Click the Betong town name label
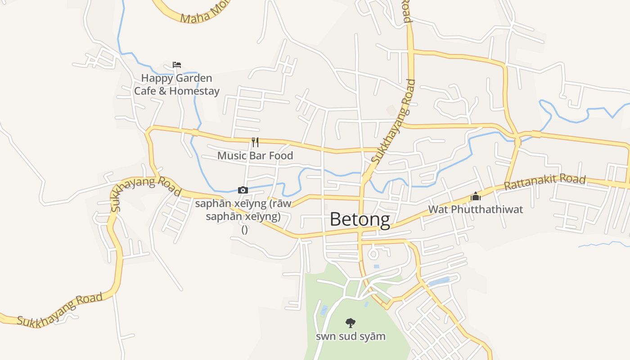click(360, 220)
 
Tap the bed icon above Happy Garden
click(177, 65)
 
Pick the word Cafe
click(144, 91)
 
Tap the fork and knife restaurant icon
click(255, 142)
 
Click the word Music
click(232, 156)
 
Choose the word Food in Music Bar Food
click(281, 156)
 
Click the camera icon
click(243, 190)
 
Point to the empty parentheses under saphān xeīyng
click(244, 229)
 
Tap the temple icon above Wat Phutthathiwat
click(476, 196)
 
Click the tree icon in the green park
click(350, 323)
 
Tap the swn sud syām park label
click(351, 337)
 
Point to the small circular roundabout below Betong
click(373, 254)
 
